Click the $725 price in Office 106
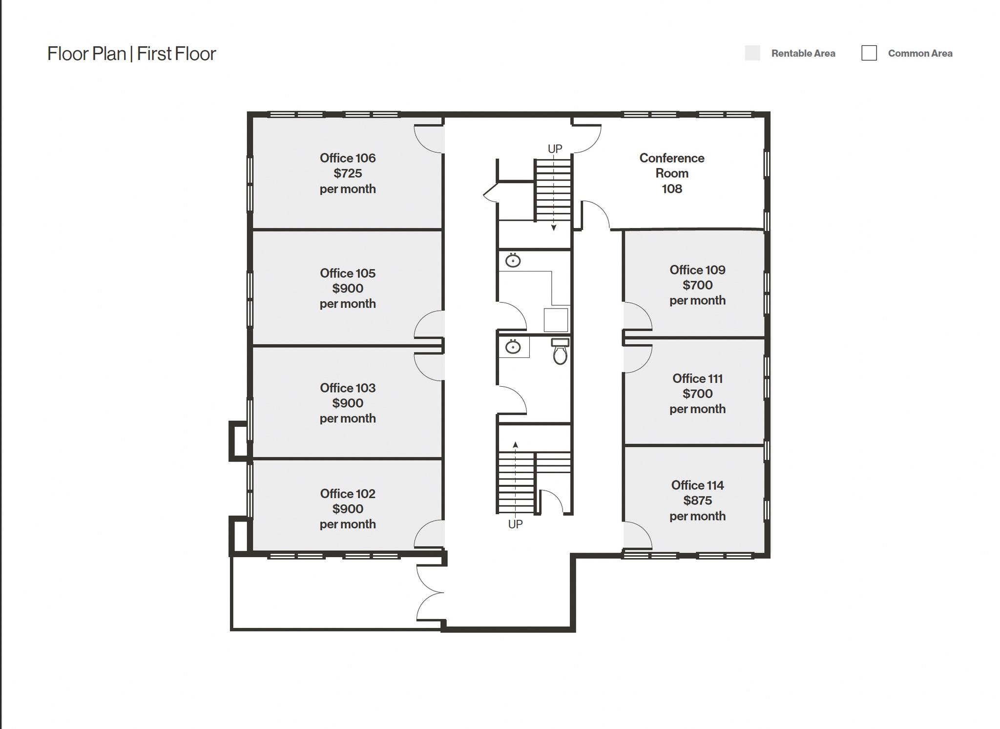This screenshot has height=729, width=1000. point(348,173)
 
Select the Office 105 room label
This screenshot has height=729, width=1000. point(348,273)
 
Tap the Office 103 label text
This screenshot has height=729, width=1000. point(348,388)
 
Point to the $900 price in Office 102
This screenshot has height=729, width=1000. point(348,509)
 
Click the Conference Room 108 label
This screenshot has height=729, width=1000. point(672,173)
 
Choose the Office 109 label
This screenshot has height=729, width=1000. point(697,270)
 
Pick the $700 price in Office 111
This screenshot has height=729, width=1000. point(697,394)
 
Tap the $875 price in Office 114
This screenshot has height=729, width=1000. point(697,500)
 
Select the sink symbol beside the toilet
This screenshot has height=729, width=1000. point(513,347)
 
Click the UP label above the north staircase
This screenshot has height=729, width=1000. point(555,149)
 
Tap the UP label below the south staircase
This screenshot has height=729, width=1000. point(515,524)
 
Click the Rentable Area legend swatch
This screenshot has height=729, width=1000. point(752,53)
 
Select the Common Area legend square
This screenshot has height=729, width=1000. point(869,53)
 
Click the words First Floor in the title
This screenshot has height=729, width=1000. point(176,54)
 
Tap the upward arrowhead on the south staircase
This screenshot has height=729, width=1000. point(515,445)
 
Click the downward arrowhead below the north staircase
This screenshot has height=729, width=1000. point(554,228)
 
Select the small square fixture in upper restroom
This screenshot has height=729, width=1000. point(556,320)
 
